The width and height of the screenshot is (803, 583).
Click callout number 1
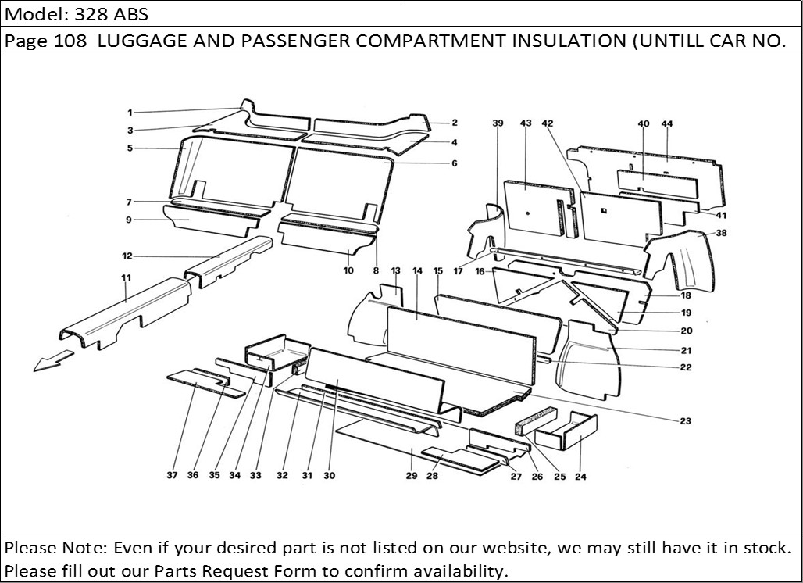tap(130, 112)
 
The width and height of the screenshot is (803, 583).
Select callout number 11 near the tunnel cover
tap(126, 277)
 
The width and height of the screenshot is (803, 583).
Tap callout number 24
tap(580, 476)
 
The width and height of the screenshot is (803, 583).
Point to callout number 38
tap(721, 233)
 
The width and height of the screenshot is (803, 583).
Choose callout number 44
tap(666, 124)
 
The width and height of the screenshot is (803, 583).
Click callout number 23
tap(685, 422)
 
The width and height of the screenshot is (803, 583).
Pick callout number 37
tap(172, 475)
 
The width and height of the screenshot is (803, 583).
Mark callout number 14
tap(417, 271)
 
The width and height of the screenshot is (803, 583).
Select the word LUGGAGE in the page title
tap(143, 41)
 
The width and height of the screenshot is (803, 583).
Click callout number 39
tap(498, 123)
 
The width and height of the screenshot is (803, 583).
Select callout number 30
tap(329, 475)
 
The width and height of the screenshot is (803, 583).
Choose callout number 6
tap(454, 163)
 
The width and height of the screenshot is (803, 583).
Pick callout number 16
tap(480, 272)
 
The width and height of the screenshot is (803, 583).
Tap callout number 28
tap(432, 476)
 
